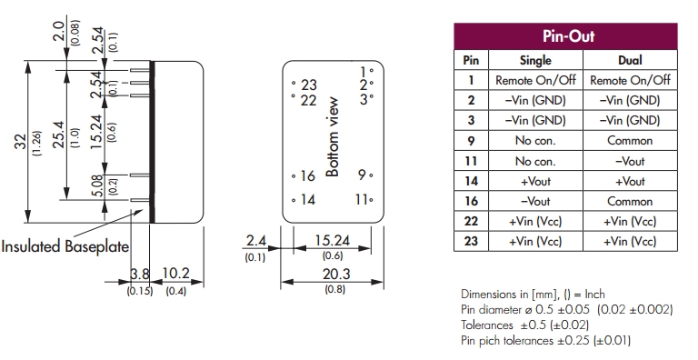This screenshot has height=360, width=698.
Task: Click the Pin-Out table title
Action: (x=568, y=36)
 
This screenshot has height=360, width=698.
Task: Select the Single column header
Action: (x=535, y=60)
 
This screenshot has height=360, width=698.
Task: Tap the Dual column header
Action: (x=630, y=60)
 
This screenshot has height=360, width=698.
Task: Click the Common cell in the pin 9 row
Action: (x=630, y=140)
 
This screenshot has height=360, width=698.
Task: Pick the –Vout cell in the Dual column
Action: (x=630, y=161)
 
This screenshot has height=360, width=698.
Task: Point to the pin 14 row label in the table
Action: (x=471, y=181)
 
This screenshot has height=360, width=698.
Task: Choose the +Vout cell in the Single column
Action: (x=535, y=181)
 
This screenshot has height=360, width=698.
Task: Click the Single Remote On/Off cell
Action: (x=535, y=80)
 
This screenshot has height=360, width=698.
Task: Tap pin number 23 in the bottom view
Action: (x=308, y=85)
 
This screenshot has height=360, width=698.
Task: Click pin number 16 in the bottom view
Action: (x=307, y=176)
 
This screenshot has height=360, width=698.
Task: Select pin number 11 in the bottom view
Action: (x=362, y=199)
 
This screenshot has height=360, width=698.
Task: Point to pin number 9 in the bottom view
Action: (x=363, y=175)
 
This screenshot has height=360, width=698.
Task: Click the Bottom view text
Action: (x=333, y=136)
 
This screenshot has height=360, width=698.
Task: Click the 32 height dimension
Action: (x=21, y=141)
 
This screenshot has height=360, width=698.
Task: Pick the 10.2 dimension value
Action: (x=175, y=273)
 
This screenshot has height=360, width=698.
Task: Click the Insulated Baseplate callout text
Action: (x=65, y=246)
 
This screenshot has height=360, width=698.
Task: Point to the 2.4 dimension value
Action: (x=256, y=241)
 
